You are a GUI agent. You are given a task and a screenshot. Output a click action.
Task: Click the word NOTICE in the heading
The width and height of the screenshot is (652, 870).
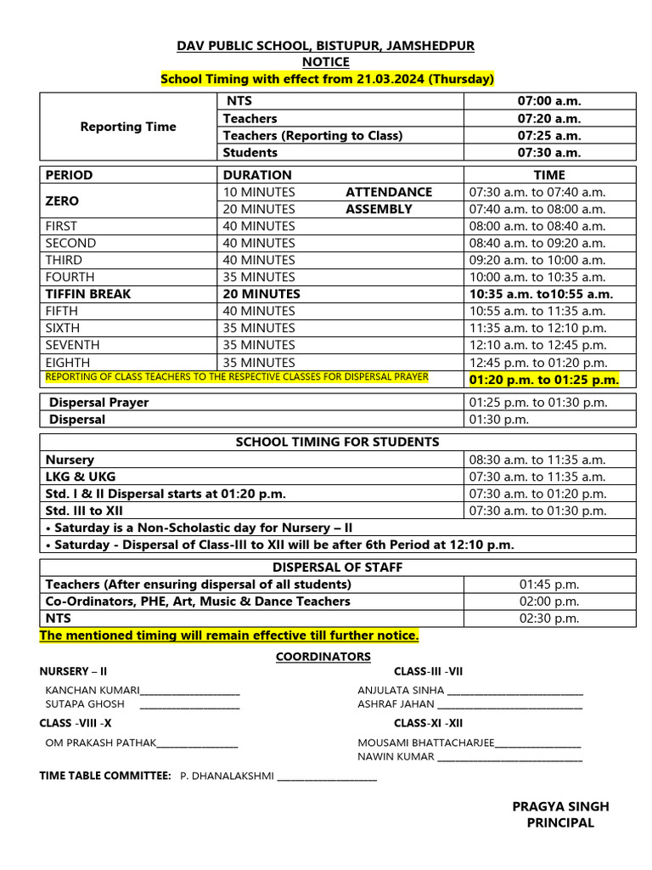click(326, 62)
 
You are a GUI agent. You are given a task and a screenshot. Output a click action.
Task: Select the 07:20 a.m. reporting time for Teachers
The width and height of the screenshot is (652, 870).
click(549, 118)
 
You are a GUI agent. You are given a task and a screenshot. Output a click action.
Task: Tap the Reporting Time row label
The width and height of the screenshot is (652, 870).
click(128, 127)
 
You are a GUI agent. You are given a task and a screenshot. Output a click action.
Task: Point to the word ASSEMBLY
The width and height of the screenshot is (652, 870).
click(379, 209)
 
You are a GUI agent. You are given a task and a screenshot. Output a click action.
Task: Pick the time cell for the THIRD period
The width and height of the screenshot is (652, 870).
click(537, 260)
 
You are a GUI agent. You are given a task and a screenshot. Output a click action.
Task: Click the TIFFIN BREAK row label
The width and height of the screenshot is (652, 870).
click(88, 294)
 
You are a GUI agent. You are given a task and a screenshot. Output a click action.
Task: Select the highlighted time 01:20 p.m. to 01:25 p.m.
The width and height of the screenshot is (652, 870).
click(544, 380)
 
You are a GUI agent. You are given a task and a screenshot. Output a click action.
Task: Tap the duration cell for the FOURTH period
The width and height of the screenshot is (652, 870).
click(259, 277)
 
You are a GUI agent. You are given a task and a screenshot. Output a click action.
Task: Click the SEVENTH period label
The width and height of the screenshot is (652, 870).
click(72, 345)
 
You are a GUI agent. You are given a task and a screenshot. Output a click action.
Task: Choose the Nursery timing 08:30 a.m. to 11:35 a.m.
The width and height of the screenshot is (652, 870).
click(537, 460)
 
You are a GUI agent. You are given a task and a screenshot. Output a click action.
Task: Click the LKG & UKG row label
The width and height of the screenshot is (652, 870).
click(82, 477)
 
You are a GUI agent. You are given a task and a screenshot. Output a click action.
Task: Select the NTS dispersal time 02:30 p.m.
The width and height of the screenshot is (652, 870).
click(549, 619)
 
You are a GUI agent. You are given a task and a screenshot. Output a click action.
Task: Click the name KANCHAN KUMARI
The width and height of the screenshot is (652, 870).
click(92, 691)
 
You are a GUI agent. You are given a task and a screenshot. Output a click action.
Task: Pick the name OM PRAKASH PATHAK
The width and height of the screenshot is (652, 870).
click(100, 743)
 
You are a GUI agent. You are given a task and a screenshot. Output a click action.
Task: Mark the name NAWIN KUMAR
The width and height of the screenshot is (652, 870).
click(396, 756)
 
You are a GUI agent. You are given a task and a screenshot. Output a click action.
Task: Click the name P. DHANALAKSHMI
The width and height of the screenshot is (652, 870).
click(227, 777)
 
